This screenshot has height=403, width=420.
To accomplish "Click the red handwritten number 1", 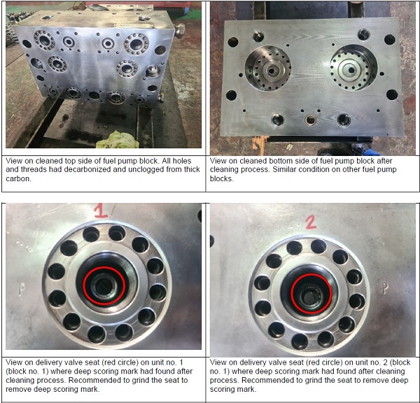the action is click(x=101, y=211).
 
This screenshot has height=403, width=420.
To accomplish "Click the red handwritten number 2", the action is click(x=311, y=222).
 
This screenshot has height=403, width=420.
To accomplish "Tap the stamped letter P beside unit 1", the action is click(x=22, y=289).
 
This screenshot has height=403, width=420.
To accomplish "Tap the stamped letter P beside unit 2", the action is click(x=385, y=288).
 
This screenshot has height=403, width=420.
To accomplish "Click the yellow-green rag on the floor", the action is click(x=118, y=140).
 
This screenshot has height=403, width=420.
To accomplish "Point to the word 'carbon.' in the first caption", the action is click(x=18, y=178).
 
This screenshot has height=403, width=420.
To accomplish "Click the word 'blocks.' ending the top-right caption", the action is click(x=221, y=178).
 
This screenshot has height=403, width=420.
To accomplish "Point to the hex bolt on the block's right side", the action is click(x=179, y=30).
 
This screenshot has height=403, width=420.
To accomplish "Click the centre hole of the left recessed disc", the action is click(x=272, y=71).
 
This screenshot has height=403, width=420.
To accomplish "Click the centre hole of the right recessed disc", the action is click(x=351, y=71).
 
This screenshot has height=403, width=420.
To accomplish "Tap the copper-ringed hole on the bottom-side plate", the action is click(x=310, y=120).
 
